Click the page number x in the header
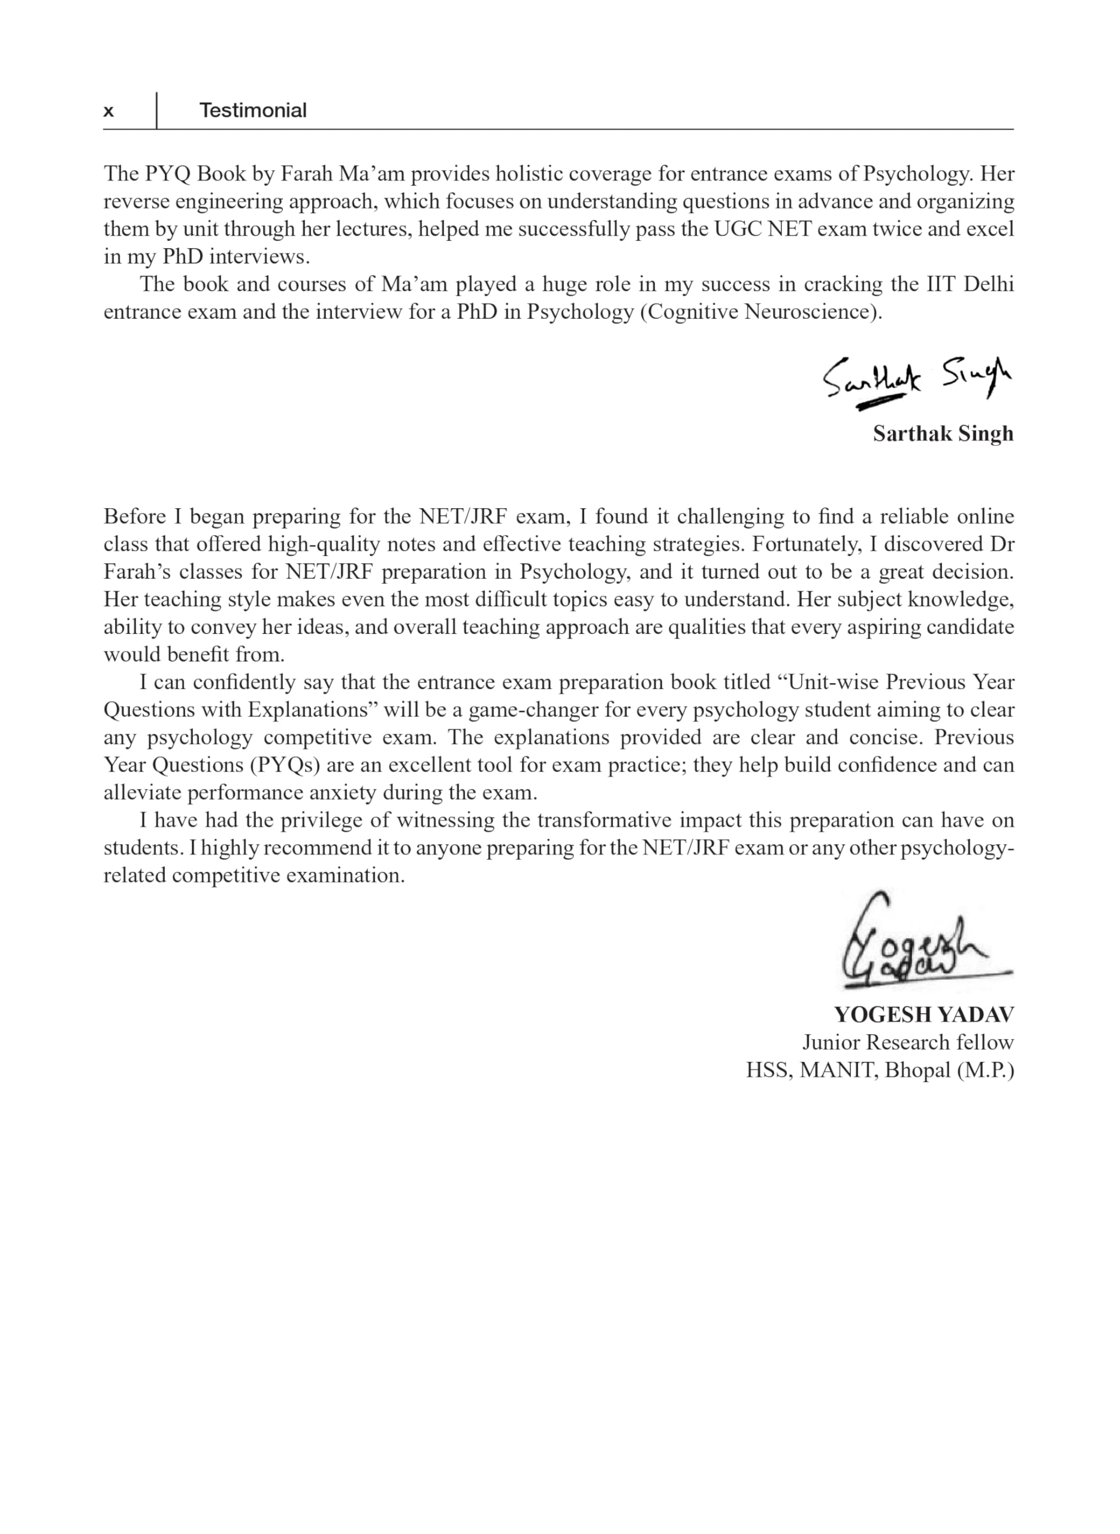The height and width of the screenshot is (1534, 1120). [x=108, y=111]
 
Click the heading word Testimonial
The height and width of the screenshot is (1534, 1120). [x=252, y=110]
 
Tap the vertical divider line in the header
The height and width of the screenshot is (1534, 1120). [x=156, y=110]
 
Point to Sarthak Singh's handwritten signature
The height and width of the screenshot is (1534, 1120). [x=916, y=382]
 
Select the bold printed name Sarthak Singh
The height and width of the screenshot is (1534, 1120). [x=943, y=434]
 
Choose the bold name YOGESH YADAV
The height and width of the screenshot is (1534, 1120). [x=923, y=1014]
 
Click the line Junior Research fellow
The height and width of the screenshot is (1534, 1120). [x=908, y=1043]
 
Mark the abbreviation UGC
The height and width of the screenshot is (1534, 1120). [x=738, y=229]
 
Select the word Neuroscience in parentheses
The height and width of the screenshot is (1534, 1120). [x=809, y=312]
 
